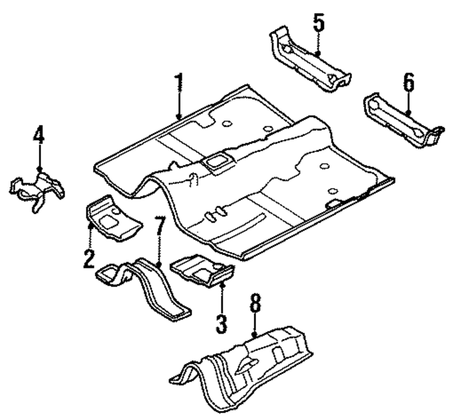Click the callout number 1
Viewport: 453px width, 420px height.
pos(179,83)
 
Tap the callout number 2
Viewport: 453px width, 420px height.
pos(89,258)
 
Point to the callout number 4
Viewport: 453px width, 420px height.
pos(39,135)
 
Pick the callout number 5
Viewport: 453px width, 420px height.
pos(318,23)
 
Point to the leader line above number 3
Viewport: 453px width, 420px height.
pos(222,297)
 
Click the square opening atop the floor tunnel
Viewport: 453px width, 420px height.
pos(217,161)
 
